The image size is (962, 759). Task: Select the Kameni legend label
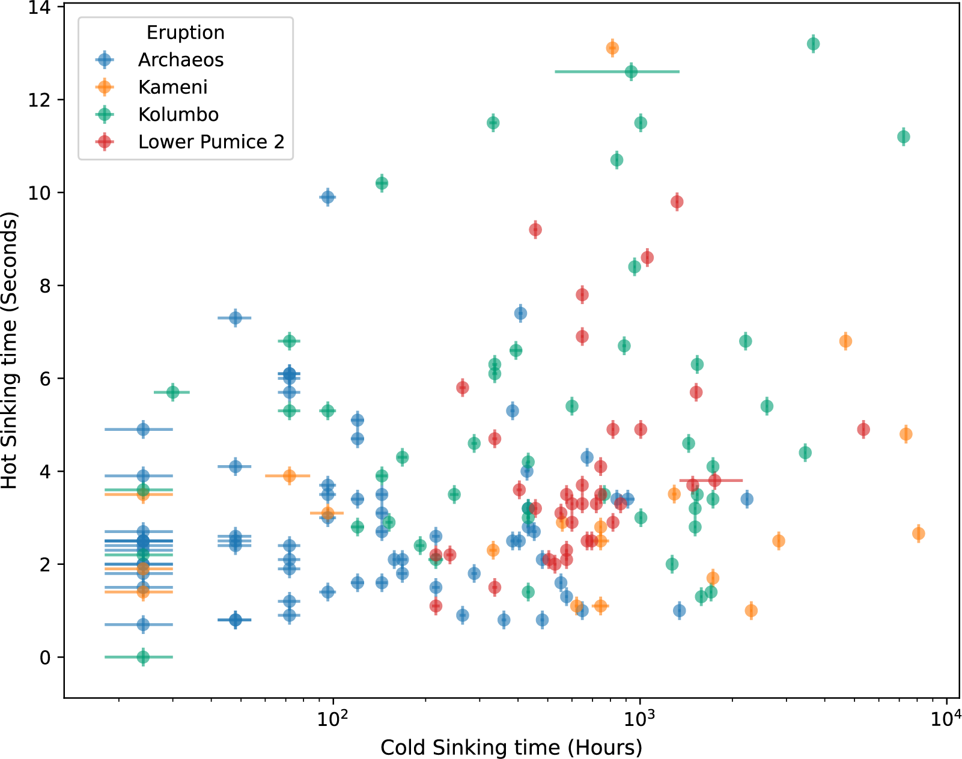(x=173, y=87)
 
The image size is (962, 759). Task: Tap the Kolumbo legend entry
(x=178, y=115)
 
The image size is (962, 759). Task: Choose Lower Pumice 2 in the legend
(x=212, y=142)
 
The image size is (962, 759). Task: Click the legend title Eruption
(x=186, y=32)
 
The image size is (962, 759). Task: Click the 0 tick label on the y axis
(x=45, y=657)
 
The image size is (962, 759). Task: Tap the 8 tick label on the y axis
(x=45, y=285)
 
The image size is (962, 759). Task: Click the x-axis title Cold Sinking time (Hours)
(x=511, y=747)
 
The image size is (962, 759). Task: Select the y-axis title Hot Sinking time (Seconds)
(x=10, y=350)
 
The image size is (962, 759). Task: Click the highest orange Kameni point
(x=612, y=48)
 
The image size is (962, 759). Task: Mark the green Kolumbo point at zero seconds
(x=143, y=657)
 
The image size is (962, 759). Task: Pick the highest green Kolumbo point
(x=813, y=44)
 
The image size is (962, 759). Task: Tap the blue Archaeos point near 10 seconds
(x=327, y=197)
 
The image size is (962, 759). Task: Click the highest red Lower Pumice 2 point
(x=677, y=202)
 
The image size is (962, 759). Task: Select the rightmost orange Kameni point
(x=918, y=533)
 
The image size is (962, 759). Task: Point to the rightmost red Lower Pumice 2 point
(x=863, y=429)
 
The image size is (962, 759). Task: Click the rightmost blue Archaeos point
(x=746, y=499)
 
